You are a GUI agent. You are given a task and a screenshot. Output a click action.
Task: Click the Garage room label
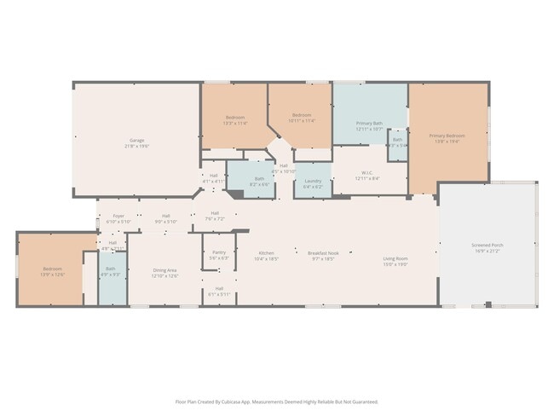(136, 142)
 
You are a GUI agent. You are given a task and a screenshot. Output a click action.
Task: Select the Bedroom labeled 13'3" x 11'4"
(235, 118)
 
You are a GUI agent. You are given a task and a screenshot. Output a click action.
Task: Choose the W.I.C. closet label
(369, 175)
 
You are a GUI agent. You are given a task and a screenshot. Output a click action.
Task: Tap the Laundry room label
(313, 182)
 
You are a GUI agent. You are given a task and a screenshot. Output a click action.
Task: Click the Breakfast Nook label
(324, 254)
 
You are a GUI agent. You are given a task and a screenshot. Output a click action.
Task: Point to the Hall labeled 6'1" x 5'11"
(219, 291)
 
